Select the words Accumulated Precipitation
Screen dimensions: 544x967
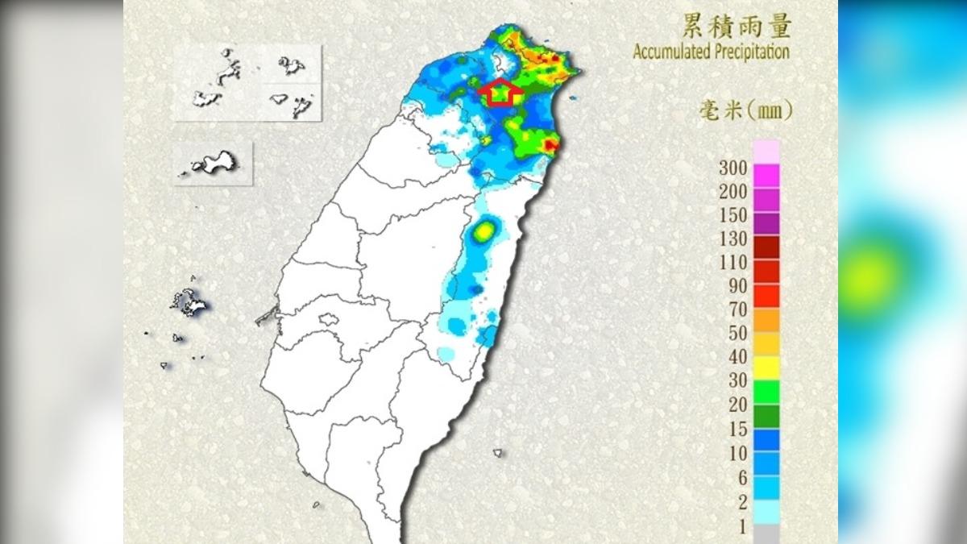pos(711,52)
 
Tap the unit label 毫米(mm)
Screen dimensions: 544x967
pos(745,110)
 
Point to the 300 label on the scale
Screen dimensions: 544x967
pos(737,169)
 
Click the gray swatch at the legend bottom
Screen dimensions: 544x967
pos(766,534)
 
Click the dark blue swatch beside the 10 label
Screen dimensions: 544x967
pos(766,438)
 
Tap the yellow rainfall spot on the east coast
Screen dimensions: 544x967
pos(483,232)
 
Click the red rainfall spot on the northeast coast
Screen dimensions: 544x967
pos(550,145)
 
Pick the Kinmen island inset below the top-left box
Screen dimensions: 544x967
pos(212,164)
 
